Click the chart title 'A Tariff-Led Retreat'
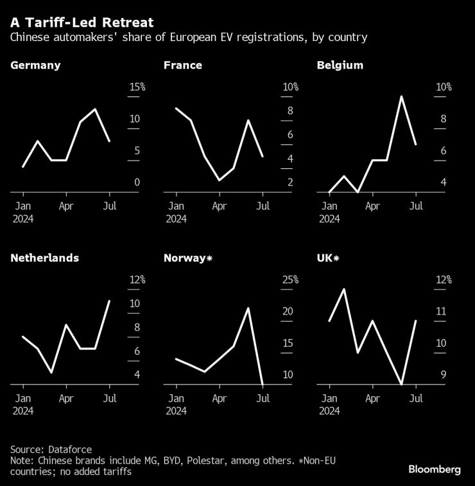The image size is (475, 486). point(82,22)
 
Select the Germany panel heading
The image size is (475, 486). point(35,65)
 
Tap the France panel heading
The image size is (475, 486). point(183,65)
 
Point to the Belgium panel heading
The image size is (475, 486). point(340,65)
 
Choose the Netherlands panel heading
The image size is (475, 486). point(45,258)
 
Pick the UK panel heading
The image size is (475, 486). point(329,258)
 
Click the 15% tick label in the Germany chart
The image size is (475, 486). point(137,87)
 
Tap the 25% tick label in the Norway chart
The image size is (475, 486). point(290,280)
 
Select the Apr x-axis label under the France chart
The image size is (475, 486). point(219,207)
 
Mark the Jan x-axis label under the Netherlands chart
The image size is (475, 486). point(23,399)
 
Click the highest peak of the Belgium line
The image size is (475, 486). point(401,97)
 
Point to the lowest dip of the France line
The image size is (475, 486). point(220,180)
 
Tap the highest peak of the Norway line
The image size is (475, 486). point(248,308)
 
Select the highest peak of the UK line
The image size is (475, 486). point(344,289)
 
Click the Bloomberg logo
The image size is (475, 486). point(435,470)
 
